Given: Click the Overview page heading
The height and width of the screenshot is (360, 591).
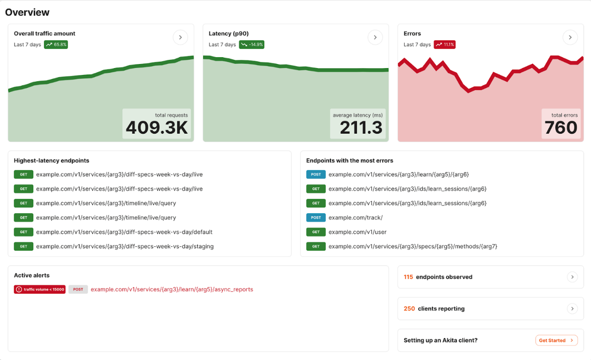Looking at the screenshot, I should [27, 12].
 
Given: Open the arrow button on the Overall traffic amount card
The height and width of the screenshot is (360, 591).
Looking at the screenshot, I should [180, 37].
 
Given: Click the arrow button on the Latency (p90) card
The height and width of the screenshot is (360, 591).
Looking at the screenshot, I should [375, 37].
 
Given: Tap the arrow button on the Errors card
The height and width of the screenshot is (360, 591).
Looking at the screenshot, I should [570, 37].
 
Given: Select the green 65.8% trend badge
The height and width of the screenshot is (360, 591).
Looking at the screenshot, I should [56, 45].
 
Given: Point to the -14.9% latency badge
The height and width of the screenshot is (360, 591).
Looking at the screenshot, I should [251, 45].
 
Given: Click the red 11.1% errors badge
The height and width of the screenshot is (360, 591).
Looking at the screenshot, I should [445, 45].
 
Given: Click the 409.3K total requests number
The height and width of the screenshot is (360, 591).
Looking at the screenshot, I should [157, 128].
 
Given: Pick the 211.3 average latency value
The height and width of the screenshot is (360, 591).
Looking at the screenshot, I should [361, 128].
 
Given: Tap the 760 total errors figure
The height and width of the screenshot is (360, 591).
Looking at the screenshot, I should [561, 128].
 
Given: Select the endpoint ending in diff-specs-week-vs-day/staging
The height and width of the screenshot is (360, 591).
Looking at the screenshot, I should [125, 246].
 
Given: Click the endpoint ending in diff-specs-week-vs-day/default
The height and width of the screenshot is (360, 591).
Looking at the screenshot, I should [124, 232].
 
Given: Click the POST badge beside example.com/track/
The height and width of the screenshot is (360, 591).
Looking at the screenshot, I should [316, 218].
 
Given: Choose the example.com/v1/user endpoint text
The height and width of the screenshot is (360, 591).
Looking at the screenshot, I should [357, 232].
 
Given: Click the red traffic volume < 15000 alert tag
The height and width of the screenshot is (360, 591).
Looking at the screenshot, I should [40, 290].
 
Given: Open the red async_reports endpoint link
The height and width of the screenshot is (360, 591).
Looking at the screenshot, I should [172, 290].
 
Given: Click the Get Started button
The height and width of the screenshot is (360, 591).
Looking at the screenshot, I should [556, 340].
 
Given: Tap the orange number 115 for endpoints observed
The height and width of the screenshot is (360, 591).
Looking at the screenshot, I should [408, 277].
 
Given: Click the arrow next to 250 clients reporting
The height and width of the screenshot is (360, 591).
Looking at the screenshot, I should [572, 309].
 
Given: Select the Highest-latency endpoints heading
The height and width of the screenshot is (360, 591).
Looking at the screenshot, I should [51, 160].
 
